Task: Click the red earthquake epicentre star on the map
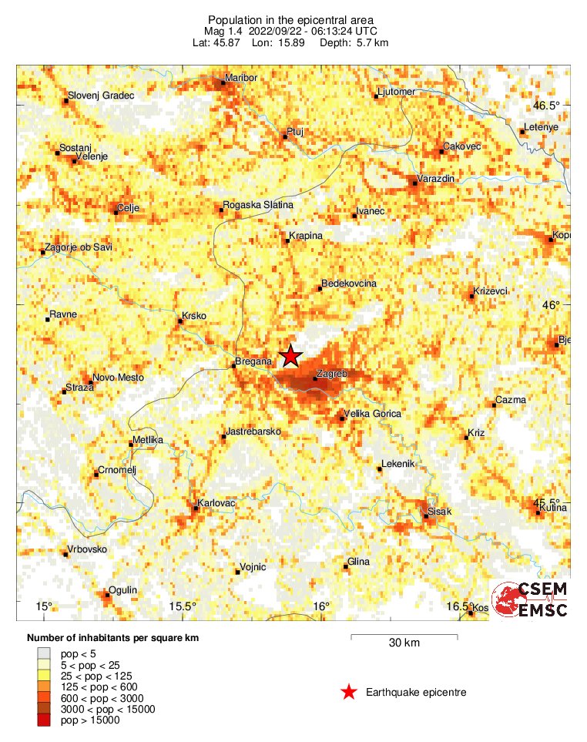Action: pos(290,356)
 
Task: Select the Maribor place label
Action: pos(240,79)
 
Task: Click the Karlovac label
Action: pos(216,503)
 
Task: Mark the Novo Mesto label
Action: pos(118,378)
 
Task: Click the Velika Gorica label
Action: pos(372,414)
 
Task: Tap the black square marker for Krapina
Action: pos(287,241)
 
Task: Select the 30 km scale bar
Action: pos(404,636)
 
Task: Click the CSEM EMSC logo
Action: pos(532,600)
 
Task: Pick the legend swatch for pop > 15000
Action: pos(45,720)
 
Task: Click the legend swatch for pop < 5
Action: pos(45,653)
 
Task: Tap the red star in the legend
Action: pos(349,692)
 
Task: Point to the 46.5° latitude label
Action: pos(550,106)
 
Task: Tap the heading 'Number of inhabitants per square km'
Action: pos(113,638)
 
